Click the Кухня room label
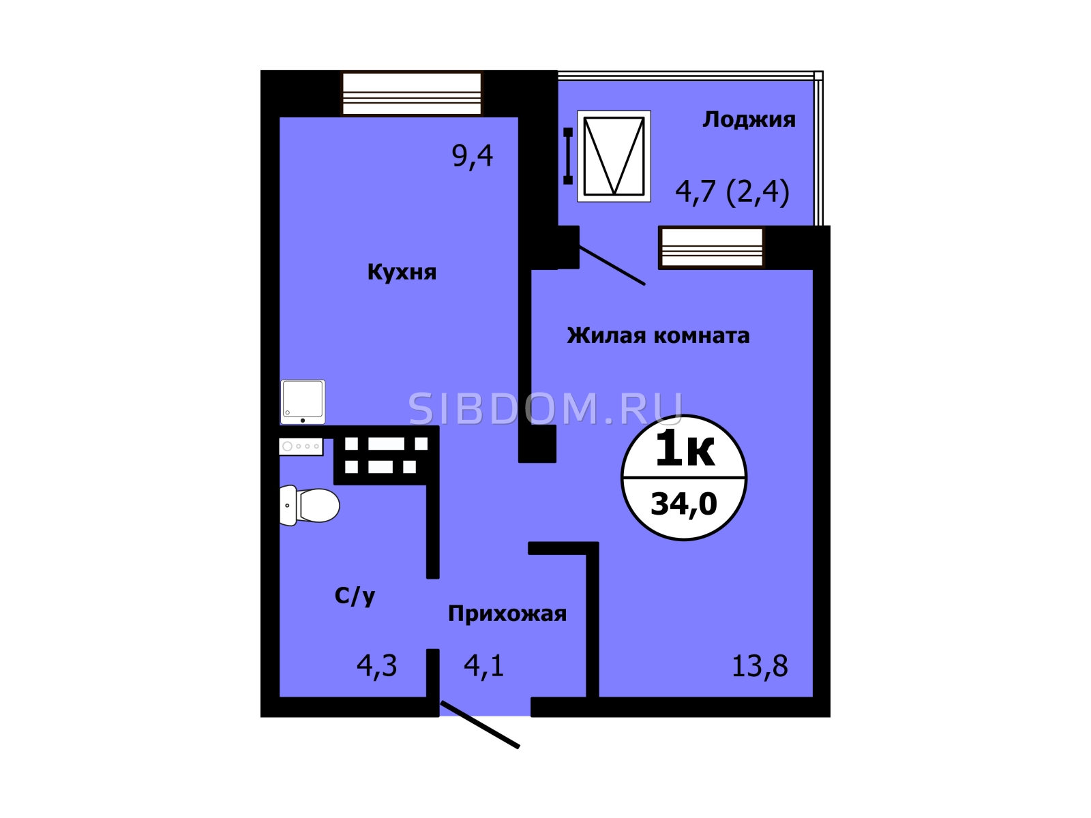point(402,272)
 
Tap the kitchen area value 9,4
point(472,156)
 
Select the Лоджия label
point(749,120)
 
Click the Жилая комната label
point(658,336)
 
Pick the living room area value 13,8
point(760,666)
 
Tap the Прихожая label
point(507,614)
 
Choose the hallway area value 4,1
point(483,666)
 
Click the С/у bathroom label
point(355,596)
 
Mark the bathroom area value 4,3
point(377,666)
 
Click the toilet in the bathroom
point(309,505)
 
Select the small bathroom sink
point(301,446)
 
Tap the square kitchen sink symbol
point(303,402)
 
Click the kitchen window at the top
point(412,94)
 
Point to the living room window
point(712,247)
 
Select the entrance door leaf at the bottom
point(480,724)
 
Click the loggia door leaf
point(612,266)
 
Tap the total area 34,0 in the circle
point(684,504)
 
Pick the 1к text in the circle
point(685,449)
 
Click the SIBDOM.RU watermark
point(545,409)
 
